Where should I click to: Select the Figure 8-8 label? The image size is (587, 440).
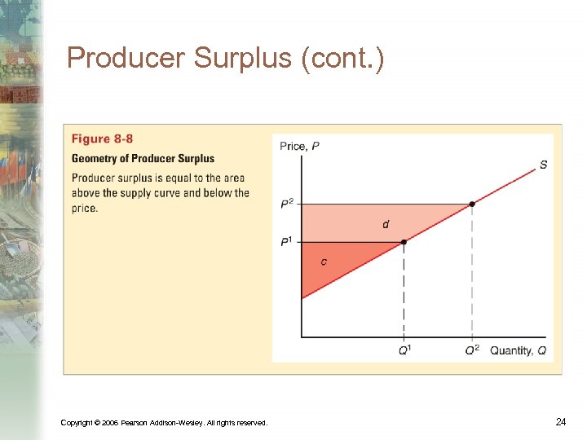102,139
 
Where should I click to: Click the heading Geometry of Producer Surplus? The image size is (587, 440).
143,158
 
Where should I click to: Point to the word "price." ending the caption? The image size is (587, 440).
84,209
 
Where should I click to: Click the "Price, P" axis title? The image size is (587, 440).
300,147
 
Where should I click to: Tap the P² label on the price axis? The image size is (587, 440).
287,204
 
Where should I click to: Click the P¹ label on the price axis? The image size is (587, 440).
287,242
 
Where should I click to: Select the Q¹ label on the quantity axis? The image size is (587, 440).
404,350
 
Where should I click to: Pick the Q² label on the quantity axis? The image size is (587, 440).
472,350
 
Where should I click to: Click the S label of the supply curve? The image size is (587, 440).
543,165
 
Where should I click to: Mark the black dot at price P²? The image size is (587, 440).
472,204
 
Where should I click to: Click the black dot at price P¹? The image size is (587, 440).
404,242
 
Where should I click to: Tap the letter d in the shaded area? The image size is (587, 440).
386,223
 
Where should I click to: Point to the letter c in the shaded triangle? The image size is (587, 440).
324,262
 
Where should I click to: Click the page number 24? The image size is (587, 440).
561,421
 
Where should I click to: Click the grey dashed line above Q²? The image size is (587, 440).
472,277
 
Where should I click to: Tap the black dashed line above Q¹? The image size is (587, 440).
404,293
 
